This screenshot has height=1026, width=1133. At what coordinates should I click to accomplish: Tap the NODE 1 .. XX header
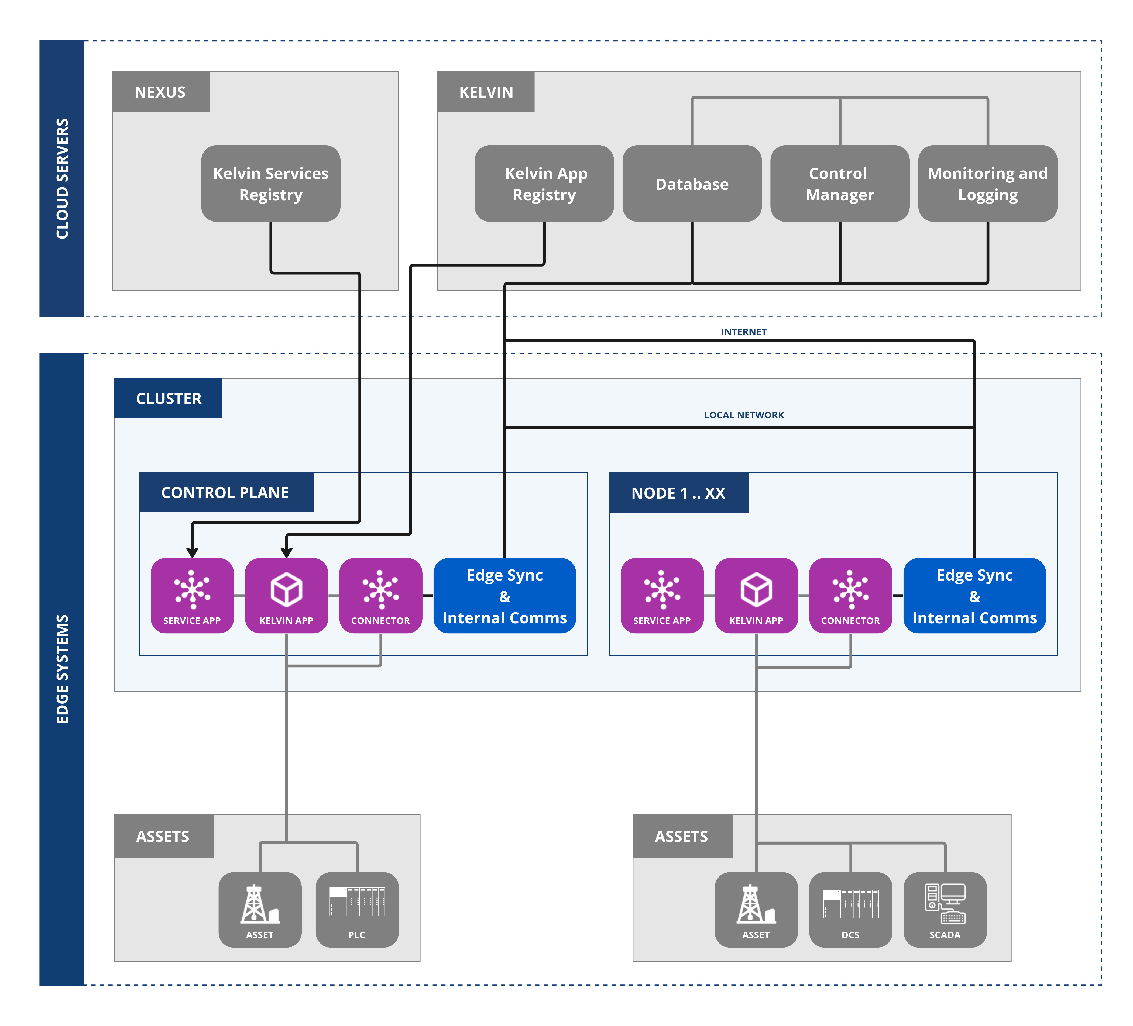click(678, 493)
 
